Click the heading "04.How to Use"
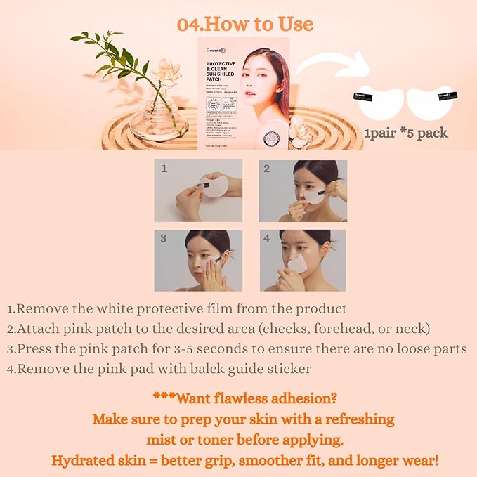(245, 25)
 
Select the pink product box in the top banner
(244, 91)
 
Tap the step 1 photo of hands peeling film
(198, 190)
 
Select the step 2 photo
(302, 190)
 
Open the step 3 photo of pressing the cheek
(198, 260)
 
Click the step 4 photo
(302, 260)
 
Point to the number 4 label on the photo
(267, 238)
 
